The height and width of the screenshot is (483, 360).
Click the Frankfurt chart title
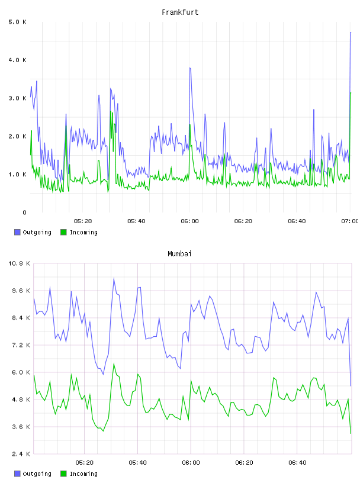[x=180, y=12]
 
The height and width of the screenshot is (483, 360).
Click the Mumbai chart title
[x=179, y=254]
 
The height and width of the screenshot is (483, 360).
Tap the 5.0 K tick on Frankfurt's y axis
[x=17, y=22]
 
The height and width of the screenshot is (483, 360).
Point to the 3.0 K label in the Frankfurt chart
[x=17, y=98]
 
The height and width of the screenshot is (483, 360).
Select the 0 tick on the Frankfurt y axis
[x=24, y=212]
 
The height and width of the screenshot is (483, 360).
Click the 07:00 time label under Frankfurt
[x=349, y=221]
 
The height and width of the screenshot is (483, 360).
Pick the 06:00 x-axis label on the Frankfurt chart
[x=189, y=221]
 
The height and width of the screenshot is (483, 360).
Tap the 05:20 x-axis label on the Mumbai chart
[x=84, y=463]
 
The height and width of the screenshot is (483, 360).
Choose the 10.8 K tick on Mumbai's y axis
[x=19, y=263]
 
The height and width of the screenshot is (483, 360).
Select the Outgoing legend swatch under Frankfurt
[x=17, y=232]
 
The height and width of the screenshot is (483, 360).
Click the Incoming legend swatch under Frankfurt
[x=63, y=232]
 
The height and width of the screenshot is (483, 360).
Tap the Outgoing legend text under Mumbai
[x=37, y=474]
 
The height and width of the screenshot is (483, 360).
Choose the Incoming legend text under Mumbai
[x=83, y=474]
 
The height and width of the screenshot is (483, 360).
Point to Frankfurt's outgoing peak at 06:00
[x=190, y=67]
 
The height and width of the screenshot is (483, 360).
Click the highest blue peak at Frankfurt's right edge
[x=350, y=33]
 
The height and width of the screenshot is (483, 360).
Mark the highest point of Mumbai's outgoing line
[x=114, y=278]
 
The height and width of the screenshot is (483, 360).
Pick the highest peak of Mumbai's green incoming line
[x=114, y=364]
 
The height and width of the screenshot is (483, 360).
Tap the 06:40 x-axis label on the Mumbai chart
[x=297, y=463]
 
